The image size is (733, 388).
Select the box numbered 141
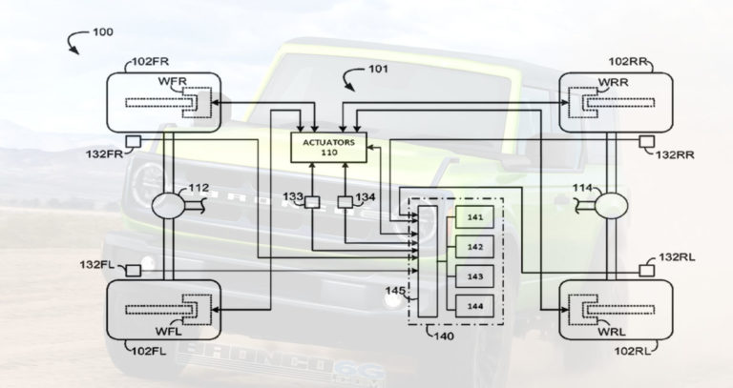coord(475,217)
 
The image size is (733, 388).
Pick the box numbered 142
coord(475,247)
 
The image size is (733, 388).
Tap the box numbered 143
coord(475,276)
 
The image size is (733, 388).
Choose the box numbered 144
coord(475,306)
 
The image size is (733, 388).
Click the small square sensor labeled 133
coord(311,201)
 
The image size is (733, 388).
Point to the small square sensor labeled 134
coord(345,201)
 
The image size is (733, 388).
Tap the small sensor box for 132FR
coord(135,141)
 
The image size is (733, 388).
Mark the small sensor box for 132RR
coord(646,141)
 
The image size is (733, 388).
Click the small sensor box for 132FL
coord(135,271)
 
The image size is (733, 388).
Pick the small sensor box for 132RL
coord(646,271)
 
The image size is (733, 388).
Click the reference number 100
coord(102,31)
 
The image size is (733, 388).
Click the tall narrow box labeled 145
coord(427,258)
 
